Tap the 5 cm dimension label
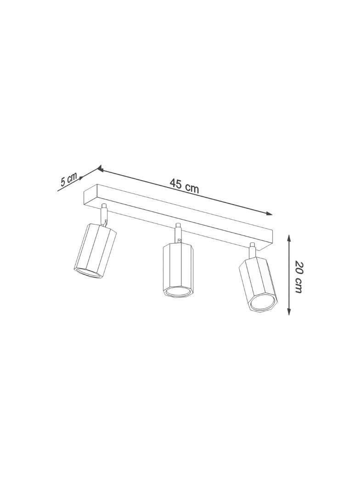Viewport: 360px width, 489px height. (x=69, y=179)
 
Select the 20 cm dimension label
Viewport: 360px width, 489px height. (x=298, y=277)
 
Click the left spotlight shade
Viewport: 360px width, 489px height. (x=96, y=250)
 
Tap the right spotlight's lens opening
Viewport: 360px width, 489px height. (x=265, y=303)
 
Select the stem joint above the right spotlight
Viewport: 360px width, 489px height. (x=252, y=251)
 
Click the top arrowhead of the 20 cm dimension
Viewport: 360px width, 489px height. (x=289, y=238)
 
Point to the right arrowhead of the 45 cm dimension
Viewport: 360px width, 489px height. (x=270, y=213)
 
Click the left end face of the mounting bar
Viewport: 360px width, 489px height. (x=90, y=197)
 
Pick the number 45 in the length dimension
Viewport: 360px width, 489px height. (x=176, y=183)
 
